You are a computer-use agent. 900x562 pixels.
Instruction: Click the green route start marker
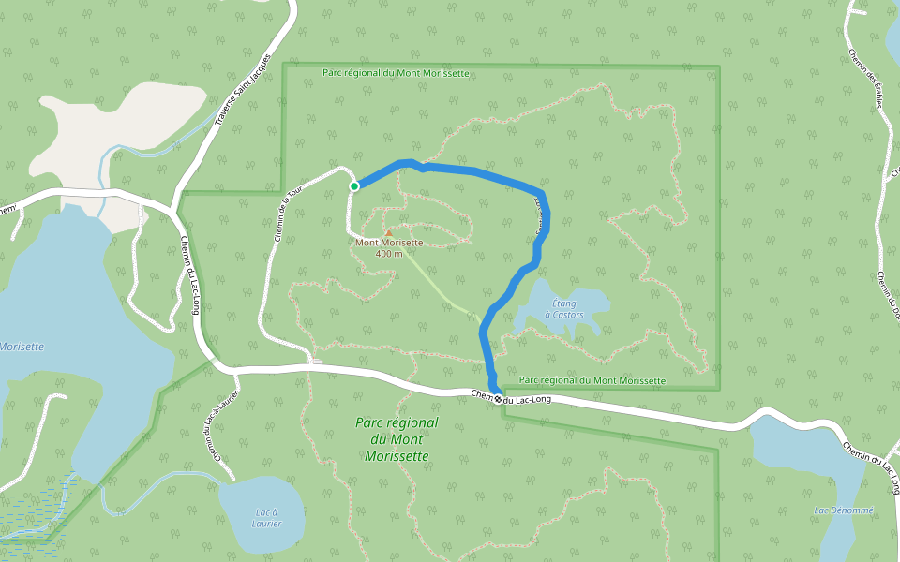354,186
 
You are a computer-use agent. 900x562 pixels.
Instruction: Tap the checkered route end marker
499,400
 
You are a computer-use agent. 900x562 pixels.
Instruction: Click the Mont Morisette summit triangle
388,232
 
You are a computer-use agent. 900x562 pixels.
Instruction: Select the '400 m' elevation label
388,253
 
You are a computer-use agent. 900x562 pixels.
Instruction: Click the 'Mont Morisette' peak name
389,243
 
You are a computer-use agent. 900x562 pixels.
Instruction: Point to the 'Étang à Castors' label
565,309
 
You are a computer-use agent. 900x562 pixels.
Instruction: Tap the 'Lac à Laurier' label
266,516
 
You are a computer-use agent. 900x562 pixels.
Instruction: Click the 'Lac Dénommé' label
844,510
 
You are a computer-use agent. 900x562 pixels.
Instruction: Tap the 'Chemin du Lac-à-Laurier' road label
213,426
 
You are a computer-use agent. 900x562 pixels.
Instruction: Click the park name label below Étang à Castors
592,380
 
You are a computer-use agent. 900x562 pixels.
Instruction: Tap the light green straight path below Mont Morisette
441,286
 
